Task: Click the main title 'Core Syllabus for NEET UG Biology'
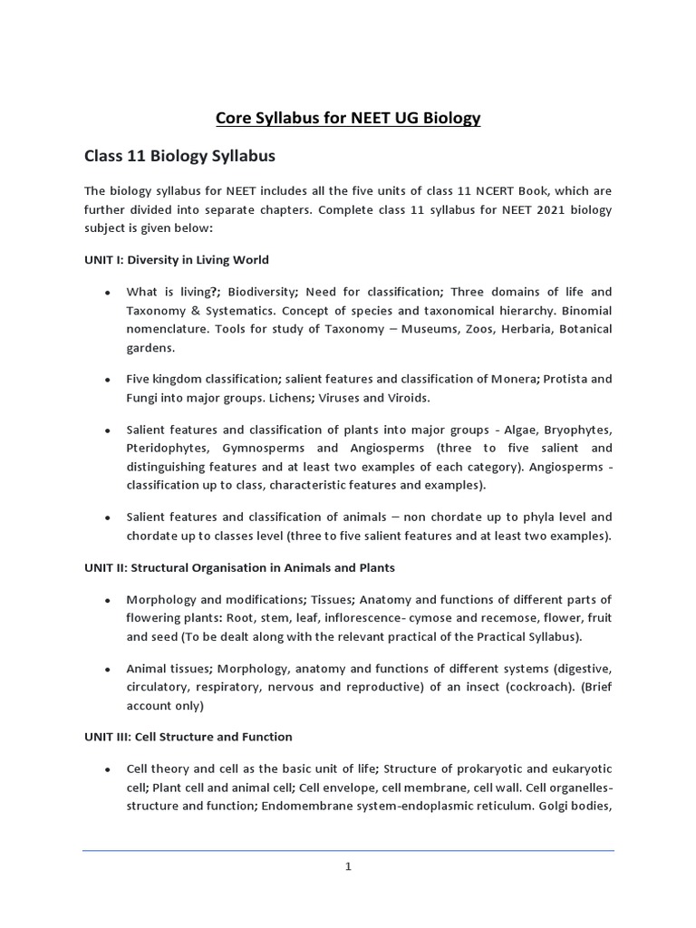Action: (x=348, y=118)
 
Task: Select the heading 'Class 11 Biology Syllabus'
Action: (x=179, y=156)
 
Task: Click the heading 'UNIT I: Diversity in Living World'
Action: (x=177, y=259)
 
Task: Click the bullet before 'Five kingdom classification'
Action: (x=108, y=380)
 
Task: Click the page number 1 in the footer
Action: (x=348, y=866)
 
